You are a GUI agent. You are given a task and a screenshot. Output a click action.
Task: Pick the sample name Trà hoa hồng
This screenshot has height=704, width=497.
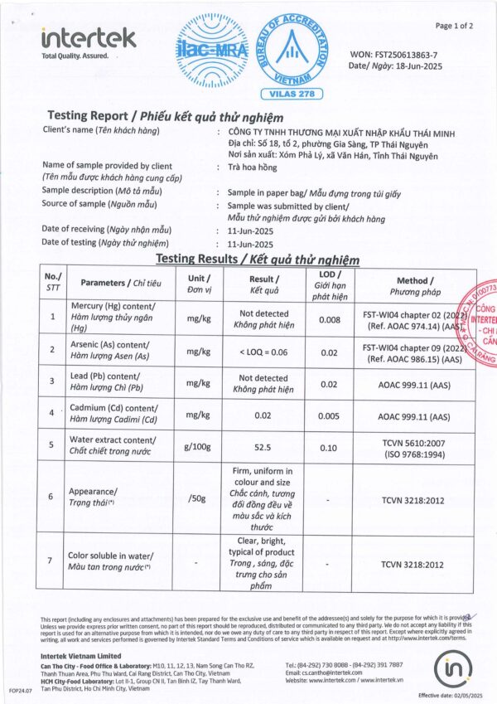click(x=253, y=166)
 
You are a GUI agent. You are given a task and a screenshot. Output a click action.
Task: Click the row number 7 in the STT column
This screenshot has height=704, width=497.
click(x=53, y=561)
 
